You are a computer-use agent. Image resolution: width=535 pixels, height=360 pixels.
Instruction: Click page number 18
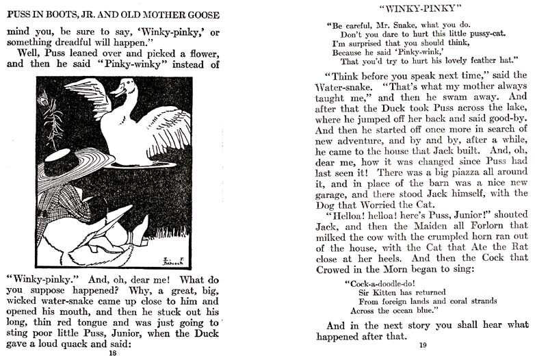click(113, 354)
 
